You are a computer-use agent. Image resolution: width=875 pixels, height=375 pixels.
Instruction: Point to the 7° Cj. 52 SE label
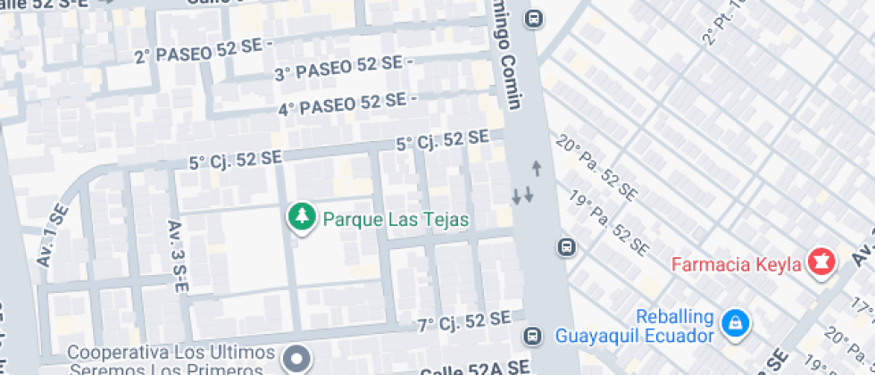pyautogui.click(x=464, y=320)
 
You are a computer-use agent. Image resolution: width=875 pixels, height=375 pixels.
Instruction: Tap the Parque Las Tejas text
pyautogui.click(x=396, y=219)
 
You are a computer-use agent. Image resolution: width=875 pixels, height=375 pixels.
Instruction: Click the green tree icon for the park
pyautogui.click(x=303, y=217)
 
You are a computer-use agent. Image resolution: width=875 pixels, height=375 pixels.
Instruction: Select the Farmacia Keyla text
pyautogui.click(x=736, y=265)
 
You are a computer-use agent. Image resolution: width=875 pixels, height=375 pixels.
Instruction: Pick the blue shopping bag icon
pyautogui.click(x=735, y=321)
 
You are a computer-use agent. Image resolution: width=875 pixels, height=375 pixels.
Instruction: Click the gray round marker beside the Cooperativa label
pyautogui.click(x=296, y=360)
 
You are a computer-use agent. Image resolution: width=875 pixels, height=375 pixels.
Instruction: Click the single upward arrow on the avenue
pyautogui.click(x=537, y=167)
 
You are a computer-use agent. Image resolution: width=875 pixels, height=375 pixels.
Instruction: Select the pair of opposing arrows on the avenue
pyautogui.click(x=523, y=195)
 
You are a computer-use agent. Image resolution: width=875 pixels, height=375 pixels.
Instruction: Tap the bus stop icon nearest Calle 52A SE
pyautogui.click(x=532, y=337)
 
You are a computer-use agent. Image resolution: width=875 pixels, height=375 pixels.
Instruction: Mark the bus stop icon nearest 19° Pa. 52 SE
pyautogui.click(x=566, y=246)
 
